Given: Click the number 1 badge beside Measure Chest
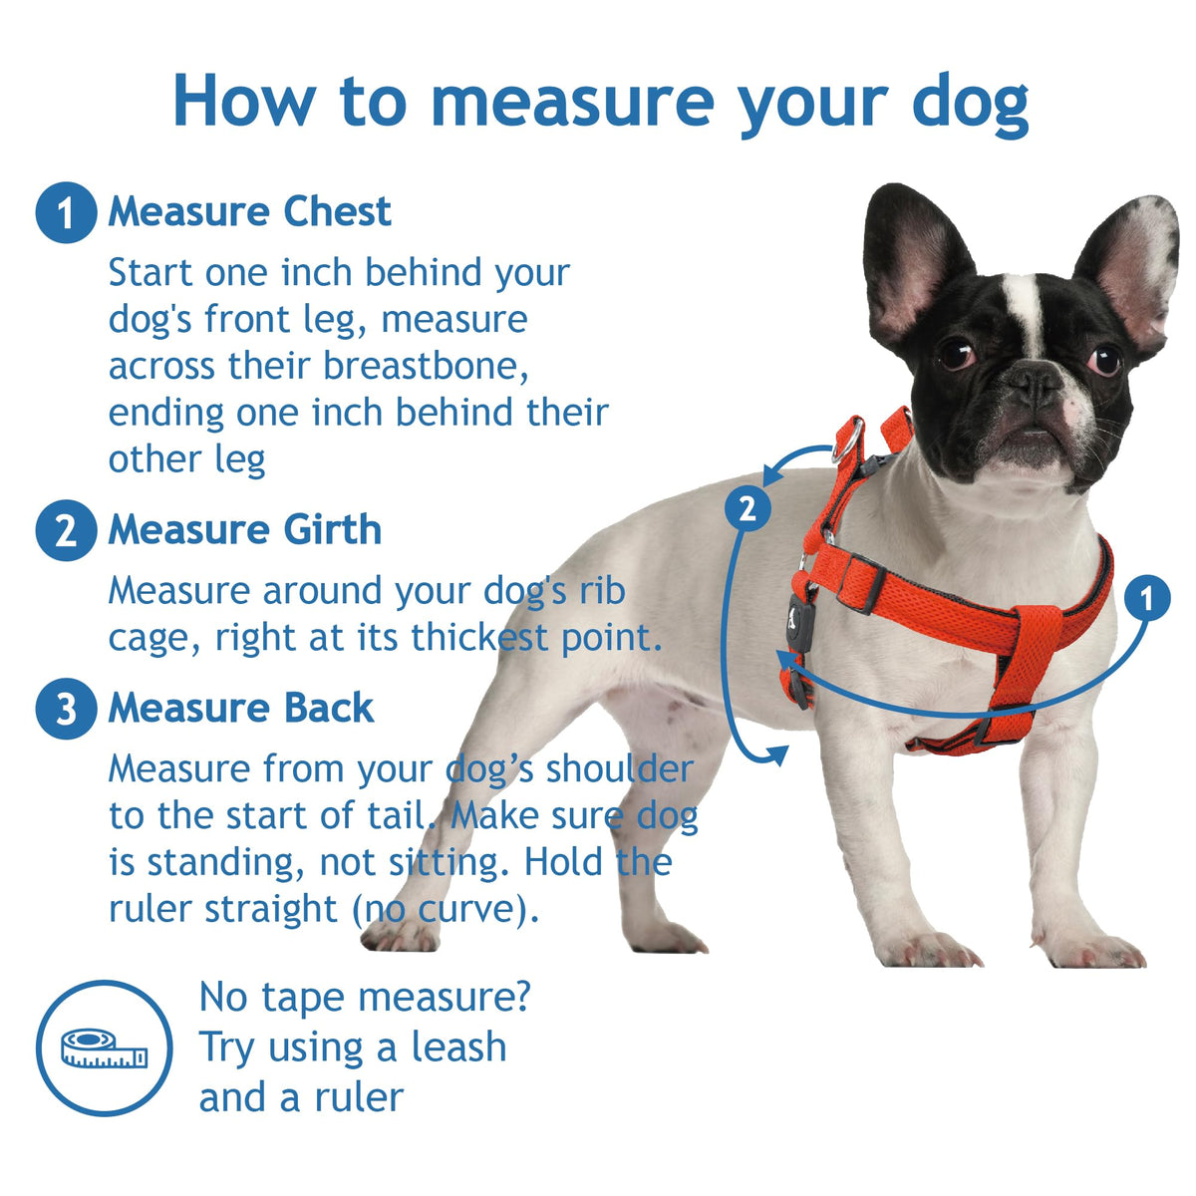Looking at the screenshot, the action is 66,212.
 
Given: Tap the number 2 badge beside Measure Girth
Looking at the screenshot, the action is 66,530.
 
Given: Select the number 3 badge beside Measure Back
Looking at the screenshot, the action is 66,709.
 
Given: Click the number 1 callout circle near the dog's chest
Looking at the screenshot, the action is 1147,598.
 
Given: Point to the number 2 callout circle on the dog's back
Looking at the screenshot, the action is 747,509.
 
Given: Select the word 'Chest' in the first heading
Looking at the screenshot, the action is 338,211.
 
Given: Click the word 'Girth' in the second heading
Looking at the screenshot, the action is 333,530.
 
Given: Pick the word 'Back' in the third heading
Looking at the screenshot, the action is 329,709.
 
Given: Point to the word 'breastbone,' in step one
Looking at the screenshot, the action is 426,366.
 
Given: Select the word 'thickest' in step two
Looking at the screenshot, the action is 480,637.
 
